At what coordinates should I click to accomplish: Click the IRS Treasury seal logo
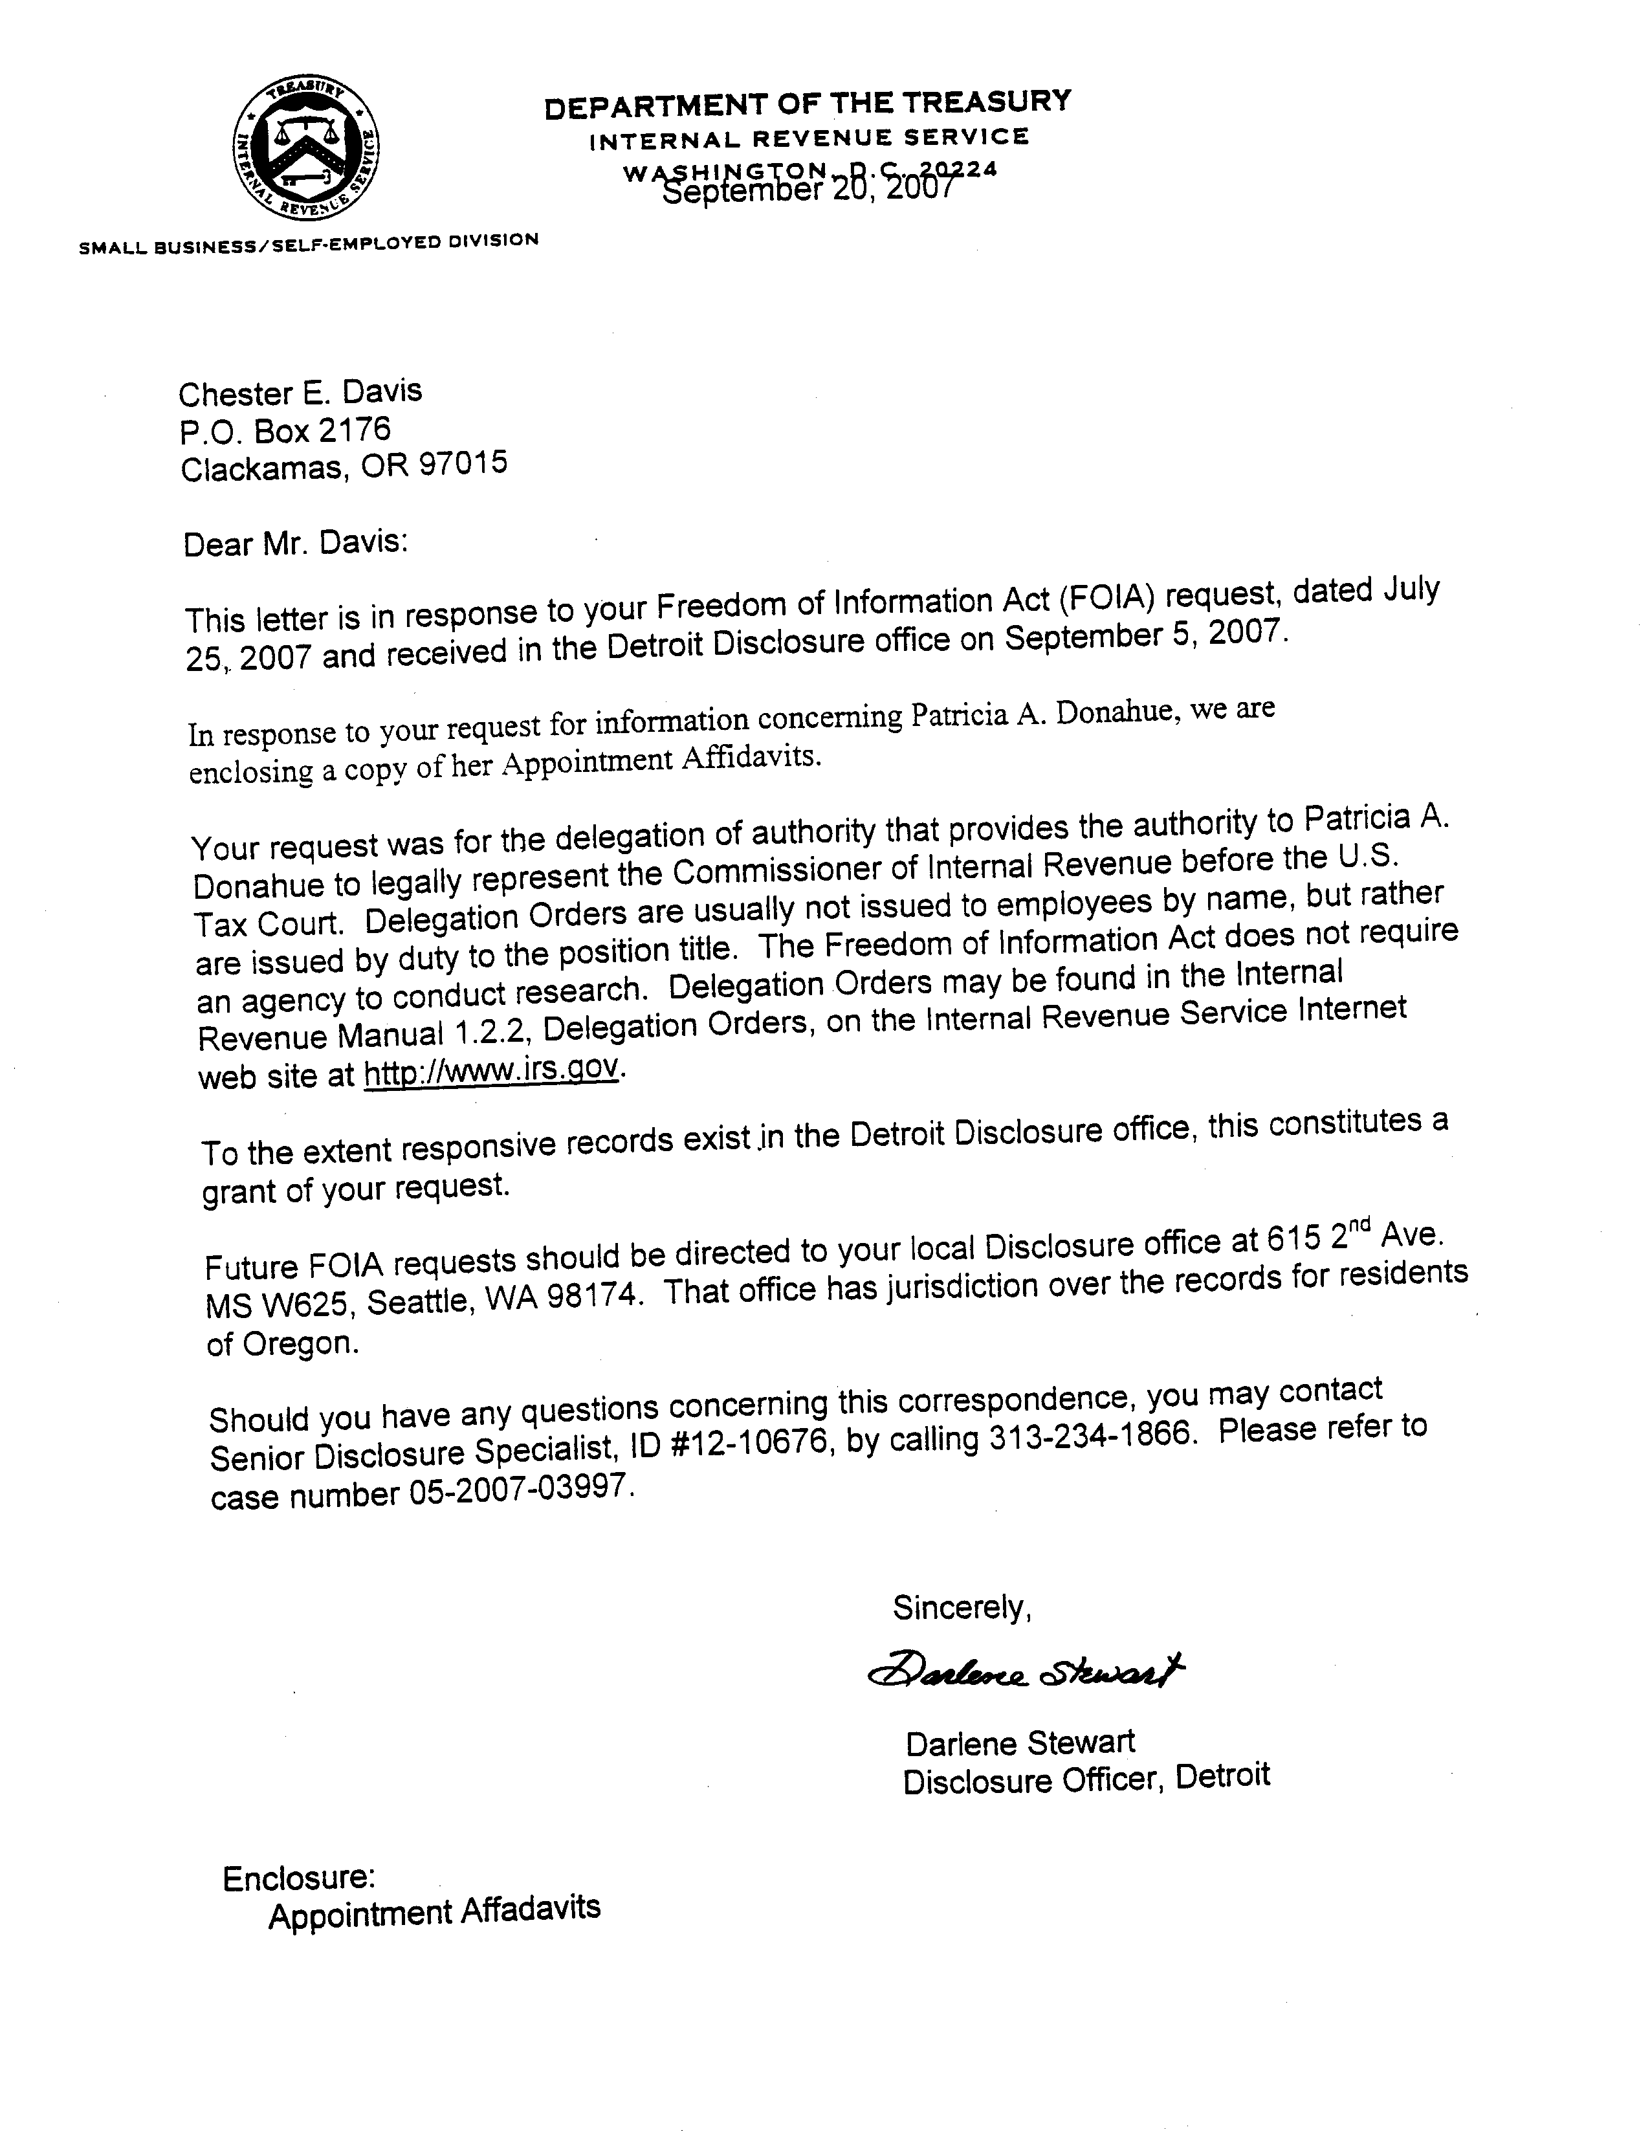coord(306,149)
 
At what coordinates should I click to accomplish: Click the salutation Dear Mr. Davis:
coord(295,542)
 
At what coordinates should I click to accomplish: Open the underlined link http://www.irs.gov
coord(490,1072)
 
